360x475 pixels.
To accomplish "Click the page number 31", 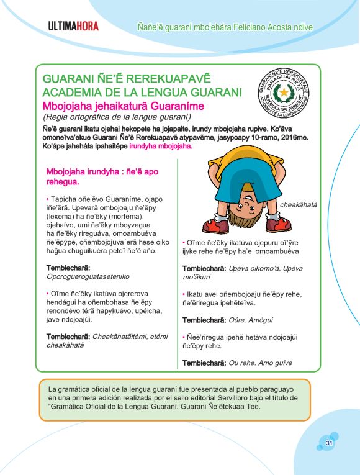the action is [x=330, y=443].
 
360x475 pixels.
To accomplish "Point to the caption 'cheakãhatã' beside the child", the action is [x=298, y=204].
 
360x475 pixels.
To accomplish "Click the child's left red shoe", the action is [x=215, y=224].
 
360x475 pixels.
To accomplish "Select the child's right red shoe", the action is [x=281, y=223].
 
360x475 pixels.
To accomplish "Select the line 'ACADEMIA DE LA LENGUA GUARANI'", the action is [x=142, y=93].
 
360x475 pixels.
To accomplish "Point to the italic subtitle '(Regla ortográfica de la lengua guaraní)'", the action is [x=115, y=117].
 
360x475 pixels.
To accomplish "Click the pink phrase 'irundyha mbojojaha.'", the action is [x=162, y=147].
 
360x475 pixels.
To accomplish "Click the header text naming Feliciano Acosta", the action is [x=225, y=27].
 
